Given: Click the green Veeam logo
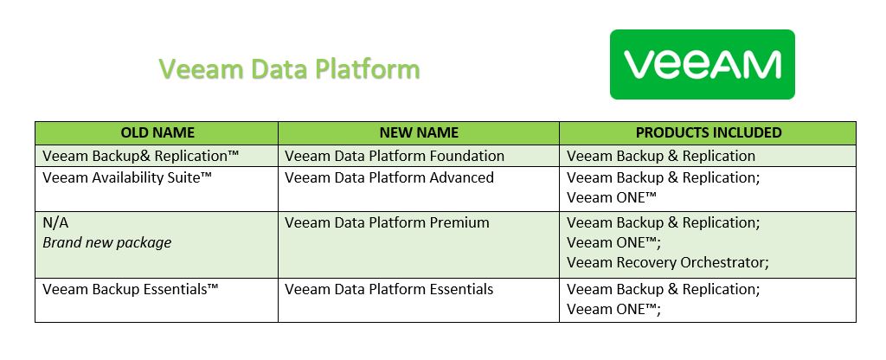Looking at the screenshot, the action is pyautogui.click(x=703, y=64).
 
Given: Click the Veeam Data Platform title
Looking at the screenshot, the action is pyautogui.click(x=289, y=69).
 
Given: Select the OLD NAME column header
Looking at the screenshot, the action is pyautogui.click(x=157, y=132).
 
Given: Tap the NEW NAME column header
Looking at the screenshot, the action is pyautogui.click(x=419, y=132).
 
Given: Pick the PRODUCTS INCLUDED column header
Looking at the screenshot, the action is pyautogui.click(x=709, y=132).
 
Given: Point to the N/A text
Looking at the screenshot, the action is pyautogui.click(x=55, y=222).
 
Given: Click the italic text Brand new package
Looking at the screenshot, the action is pyautogui.click(x=106, y=243).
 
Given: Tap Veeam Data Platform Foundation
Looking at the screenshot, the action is pyautogui.click(x=395, y=156).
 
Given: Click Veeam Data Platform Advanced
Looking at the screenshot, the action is pyautogui.click(x=389, y=177).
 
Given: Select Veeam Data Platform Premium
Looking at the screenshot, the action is pyautogui.click(x=387, y=222).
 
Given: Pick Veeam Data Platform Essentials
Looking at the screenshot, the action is pyautogui.click(x=388, y=289).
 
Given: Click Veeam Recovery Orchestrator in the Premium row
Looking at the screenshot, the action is pyautogui.click(x=668, y=263).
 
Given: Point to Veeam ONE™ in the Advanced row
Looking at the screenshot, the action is pyautogui.click(x=612, y=198).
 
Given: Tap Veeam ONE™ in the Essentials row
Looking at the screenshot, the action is pyautogui.click(x=613, y=310).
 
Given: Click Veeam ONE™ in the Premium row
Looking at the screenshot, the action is pyautogui.click(x=613, y=243).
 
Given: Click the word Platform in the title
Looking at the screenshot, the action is pyautogui.click(x=367, y=69).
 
